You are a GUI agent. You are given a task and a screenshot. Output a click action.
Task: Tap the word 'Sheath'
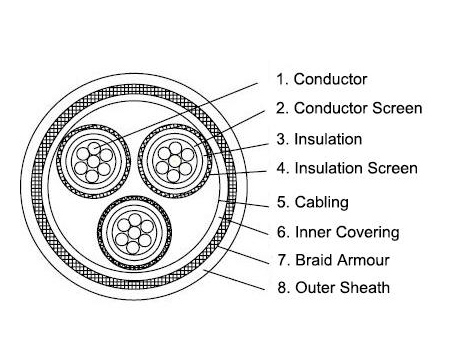(x=365, y=290)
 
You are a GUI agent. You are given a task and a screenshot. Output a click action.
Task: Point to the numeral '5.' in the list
(x=283, y=202)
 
